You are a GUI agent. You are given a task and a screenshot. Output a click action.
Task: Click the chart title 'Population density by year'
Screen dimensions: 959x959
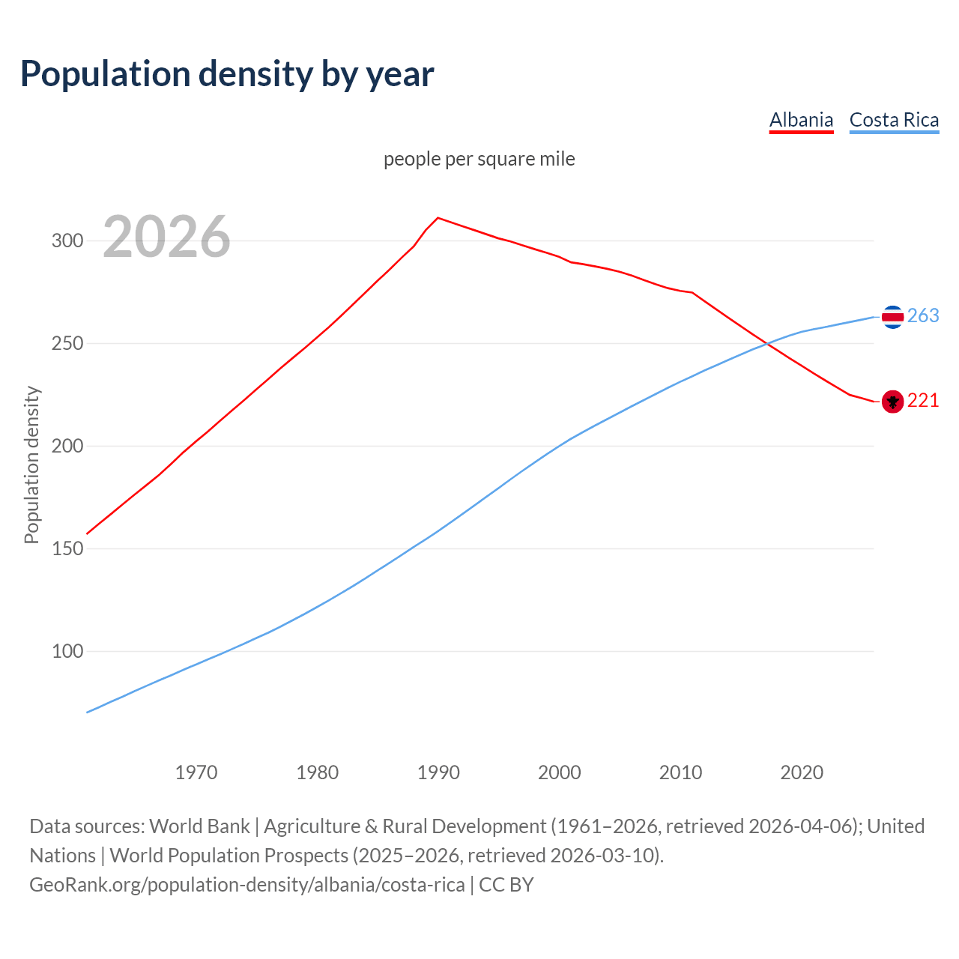(x=227, y=73)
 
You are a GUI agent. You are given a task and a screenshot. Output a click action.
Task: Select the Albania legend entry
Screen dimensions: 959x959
(x=801, y=120)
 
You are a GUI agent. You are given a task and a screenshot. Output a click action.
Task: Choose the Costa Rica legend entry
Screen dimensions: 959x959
(x=894, y=120)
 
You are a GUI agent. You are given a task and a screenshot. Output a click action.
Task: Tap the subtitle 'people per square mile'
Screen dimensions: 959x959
(x=479, y=159)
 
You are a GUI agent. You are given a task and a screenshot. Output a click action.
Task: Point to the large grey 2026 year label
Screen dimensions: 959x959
(x=166, y=237)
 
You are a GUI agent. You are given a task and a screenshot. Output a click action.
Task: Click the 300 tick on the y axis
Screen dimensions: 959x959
(x=67, y=240)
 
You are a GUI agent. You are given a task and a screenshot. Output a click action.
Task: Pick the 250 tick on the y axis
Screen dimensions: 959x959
(x=67, y=343)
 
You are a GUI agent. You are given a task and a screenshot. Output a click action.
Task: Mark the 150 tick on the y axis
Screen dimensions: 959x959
(x=67, y=548)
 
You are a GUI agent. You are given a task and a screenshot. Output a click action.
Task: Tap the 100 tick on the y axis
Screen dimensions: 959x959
(x=67, y=651)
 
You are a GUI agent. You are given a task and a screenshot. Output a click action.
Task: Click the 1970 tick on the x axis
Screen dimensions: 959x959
(x=196, y=772)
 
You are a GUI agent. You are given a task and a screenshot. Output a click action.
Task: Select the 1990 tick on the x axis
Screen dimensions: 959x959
(x=438, y=772)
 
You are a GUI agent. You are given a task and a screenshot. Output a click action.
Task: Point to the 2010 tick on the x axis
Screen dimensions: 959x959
(x=680, y=772)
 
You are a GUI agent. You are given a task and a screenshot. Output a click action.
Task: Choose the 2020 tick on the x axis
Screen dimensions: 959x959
(x=802, y=772)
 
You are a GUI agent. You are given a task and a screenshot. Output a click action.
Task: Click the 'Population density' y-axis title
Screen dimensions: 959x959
(x=31, y=465)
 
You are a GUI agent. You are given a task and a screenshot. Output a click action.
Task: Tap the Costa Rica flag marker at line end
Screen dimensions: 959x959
(x=892, y=317)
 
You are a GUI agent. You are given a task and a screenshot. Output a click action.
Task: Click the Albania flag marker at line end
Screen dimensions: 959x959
(x=892, y=402)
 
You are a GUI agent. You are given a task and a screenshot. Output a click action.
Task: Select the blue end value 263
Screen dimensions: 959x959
(x=923, y=315)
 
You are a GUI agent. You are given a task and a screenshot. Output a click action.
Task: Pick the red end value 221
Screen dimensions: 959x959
(x=923, y=401)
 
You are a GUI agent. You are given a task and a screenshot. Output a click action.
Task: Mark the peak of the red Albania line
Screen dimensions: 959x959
(x=438, y=218)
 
